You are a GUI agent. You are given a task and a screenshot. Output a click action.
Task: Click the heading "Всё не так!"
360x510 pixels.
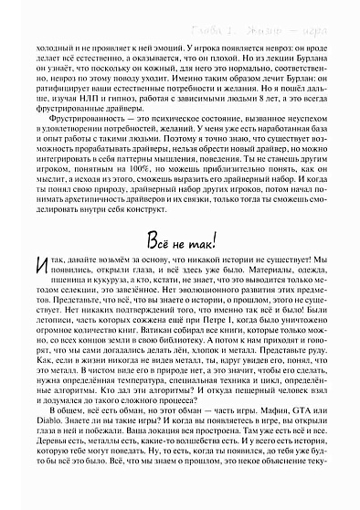[180, 241]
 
